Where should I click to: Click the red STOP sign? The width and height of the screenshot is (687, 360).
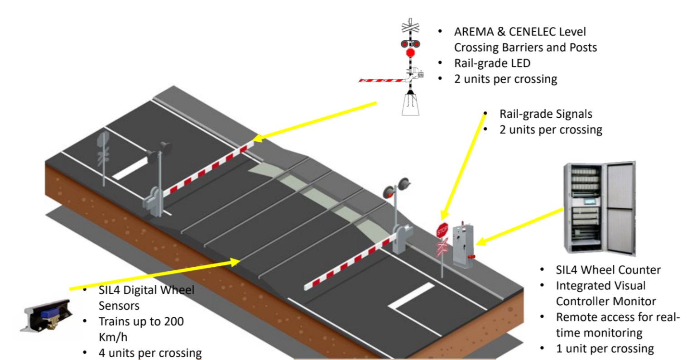[442, 230]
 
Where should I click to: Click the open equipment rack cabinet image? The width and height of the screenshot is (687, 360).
[599, 208]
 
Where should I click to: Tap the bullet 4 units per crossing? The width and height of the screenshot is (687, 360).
[150, 352]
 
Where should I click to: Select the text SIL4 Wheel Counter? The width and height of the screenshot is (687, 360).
[608, 270]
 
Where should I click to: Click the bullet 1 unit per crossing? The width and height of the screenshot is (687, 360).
[605, 349]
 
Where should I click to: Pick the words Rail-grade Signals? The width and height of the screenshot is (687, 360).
[545, 114]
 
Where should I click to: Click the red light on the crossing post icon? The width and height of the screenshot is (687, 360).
[410, 53]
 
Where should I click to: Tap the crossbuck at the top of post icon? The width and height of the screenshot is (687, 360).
[410, 27]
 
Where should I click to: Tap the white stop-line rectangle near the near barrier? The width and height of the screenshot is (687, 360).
[412, 297]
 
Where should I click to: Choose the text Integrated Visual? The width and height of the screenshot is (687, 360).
[601, 286]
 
